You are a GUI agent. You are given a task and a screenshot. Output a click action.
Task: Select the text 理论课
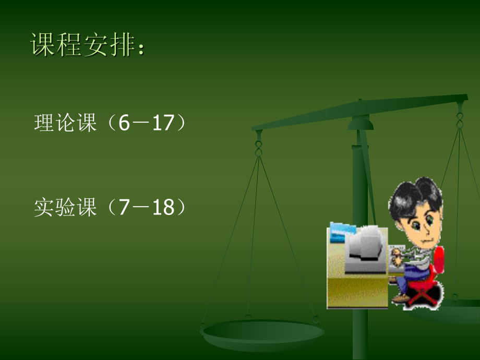click(65, 124)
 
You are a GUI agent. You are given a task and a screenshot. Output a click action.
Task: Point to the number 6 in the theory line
click(123, 124)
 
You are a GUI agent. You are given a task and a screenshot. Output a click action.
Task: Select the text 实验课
click(65, 207)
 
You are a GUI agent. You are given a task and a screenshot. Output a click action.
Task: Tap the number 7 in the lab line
click(123, 207)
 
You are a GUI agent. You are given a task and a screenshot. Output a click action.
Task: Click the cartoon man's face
click(420, 227)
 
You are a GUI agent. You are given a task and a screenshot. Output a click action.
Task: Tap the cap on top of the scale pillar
click(361, 122)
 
